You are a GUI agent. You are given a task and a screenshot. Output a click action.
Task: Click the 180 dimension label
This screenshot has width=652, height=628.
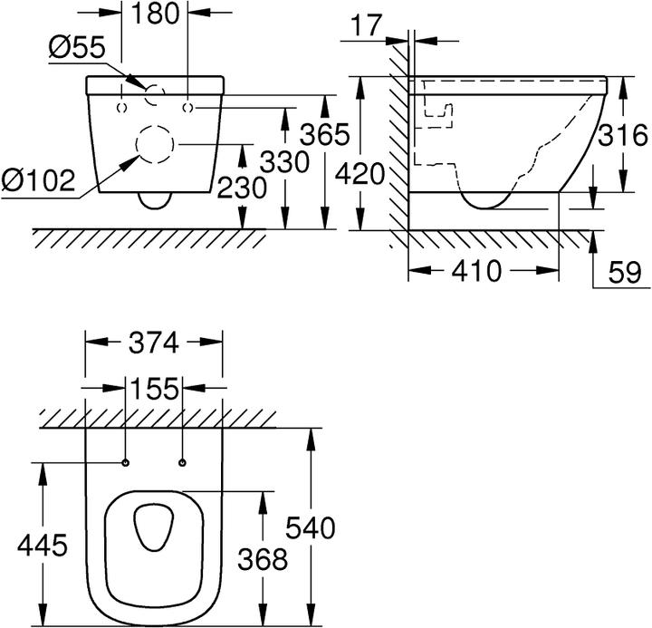click(x=155, y=14)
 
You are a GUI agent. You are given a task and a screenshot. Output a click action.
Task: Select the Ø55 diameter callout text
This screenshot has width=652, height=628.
click(x=77, y=47)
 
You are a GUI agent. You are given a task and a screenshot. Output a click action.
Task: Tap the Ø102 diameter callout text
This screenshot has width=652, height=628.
click(x=38, y=180)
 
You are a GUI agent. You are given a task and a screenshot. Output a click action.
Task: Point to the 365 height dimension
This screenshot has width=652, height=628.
click(x=325, y=134)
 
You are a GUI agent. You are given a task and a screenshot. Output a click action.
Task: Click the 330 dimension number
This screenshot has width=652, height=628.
click(x=285, y=162)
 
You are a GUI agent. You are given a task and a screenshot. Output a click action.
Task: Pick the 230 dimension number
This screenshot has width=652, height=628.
click(x=242, y=188)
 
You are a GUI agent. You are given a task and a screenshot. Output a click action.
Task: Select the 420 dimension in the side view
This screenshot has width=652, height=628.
click(x=360, y=174)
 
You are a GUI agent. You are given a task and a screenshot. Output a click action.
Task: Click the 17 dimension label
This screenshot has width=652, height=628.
click(x=367, y=25)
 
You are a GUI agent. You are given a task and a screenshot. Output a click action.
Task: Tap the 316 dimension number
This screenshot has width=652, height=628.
click(x=623, y=135)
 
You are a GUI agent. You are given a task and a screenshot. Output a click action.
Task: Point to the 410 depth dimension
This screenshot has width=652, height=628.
click(x=476, y=271)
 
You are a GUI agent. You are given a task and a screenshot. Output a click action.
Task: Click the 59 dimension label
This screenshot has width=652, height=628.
click(x=625, y=273)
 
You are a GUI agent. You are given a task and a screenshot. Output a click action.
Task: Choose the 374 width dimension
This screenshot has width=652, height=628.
click(x=154, y=343)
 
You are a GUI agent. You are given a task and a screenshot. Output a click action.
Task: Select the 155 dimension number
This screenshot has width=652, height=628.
click(x=155, y=389)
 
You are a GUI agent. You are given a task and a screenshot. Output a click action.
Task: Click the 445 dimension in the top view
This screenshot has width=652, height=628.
click(x=43, y=546)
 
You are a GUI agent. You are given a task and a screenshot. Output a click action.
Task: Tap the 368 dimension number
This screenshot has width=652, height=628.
click(x=263, y=559)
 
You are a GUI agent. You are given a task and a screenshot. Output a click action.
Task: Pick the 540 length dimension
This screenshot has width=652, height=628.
click(x=311, y=528)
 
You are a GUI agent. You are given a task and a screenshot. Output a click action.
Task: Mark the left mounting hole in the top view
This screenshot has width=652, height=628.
click(x=126, y=462)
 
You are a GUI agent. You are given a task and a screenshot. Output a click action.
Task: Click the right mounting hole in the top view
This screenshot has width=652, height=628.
click(x=182, y=462)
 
